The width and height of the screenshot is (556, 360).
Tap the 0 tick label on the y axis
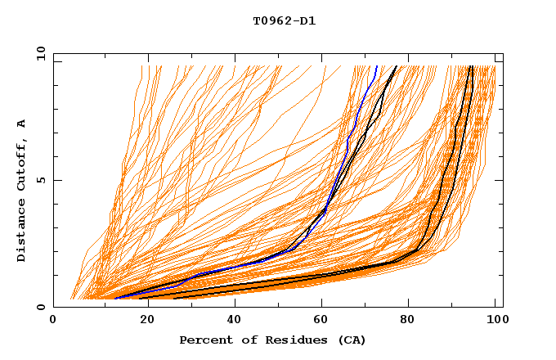point(40,308)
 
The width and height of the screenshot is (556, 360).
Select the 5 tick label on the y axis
point(40,181)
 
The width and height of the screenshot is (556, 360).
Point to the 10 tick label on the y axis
point(37,54)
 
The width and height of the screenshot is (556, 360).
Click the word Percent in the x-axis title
point(204,340)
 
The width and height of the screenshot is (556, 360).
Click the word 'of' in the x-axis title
point(245,340)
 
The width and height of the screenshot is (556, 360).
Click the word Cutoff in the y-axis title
point(21,168)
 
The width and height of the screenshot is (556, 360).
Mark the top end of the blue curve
point(378,66)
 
